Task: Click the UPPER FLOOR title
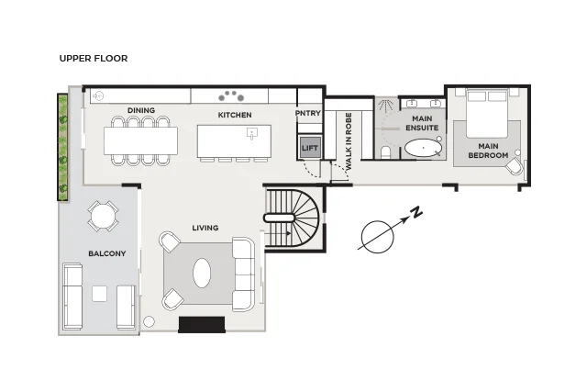[94, 59]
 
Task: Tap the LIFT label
[310, 148]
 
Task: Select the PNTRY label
[308, 113]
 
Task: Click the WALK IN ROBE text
[349, 140]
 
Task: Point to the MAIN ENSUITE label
[422, 123]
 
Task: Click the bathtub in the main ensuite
[423, 149]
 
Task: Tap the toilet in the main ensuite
[385, 153]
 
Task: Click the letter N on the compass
[415, 212]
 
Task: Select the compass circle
[377, 237]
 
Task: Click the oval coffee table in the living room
[202, 273]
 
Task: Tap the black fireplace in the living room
[202, 325]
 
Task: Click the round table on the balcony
[103, 217]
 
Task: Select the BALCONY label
[107, 253]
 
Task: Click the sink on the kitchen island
[252, 133]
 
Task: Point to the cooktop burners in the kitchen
[231, 96]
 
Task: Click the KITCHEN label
[235, 115]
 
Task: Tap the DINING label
[141, 110]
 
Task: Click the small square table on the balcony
[100, 294]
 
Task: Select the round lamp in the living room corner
[149, 322]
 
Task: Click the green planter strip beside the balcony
[62, 147]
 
